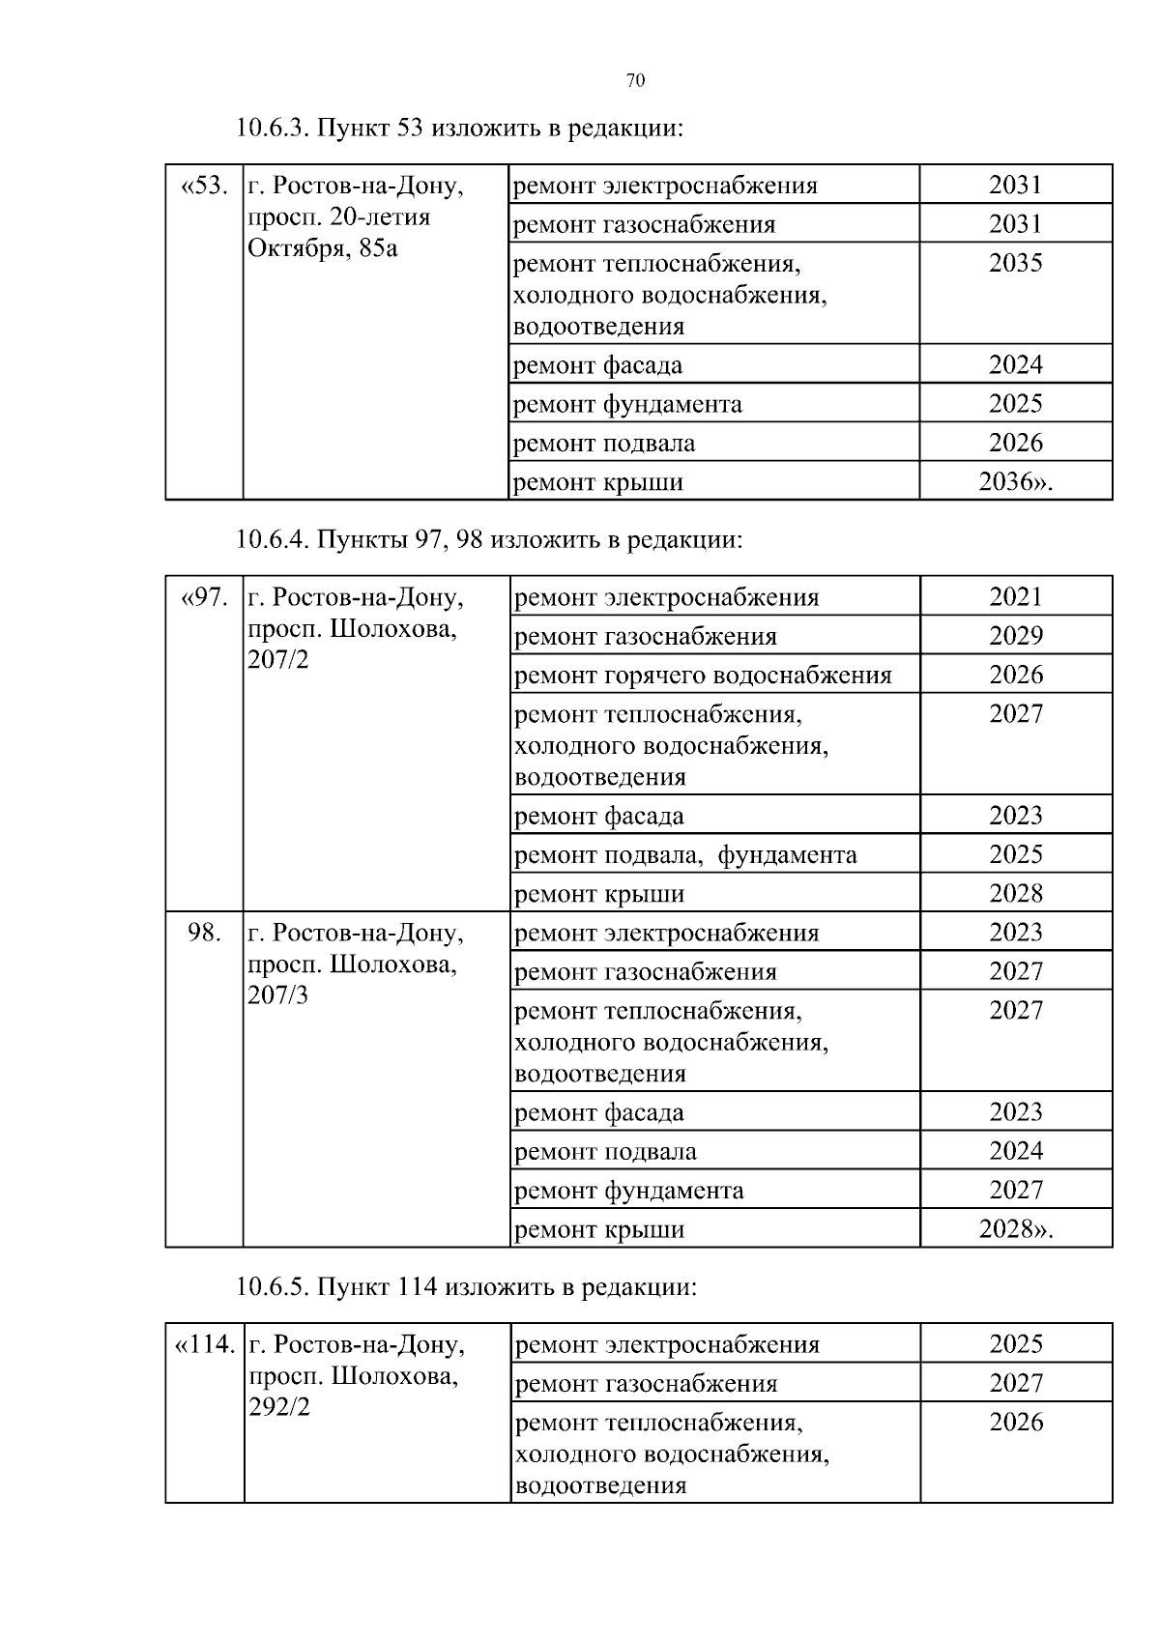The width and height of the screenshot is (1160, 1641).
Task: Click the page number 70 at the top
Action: [635, 80]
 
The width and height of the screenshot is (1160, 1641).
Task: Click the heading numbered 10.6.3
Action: [458, 128]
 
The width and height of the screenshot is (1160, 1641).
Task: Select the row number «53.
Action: [204, 186]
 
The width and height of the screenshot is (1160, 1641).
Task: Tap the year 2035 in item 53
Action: [1015, 264]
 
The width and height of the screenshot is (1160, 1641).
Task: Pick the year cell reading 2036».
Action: [1015, 482]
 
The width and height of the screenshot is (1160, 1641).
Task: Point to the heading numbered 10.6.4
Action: [488, 539]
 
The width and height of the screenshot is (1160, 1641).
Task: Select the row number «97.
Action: [204, 598]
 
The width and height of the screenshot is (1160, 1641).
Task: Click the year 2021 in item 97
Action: [1015, 597]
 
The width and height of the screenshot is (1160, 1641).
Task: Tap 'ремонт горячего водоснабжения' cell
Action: [703, 676]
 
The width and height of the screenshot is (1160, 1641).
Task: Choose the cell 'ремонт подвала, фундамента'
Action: [685, 855]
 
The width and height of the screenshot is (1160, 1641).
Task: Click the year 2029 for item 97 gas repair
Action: [1015, 636]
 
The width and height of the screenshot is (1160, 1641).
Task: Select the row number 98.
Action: [204, 933]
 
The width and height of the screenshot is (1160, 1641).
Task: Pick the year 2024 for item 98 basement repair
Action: [1015, 1151]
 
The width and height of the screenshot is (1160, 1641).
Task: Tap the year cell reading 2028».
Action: [1015, 1229]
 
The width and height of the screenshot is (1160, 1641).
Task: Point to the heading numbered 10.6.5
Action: [465, 1287]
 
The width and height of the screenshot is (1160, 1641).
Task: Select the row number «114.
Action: [204, 1345]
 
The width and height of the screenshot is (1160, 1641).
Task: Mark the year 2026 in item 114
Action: [1015, 1423]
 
